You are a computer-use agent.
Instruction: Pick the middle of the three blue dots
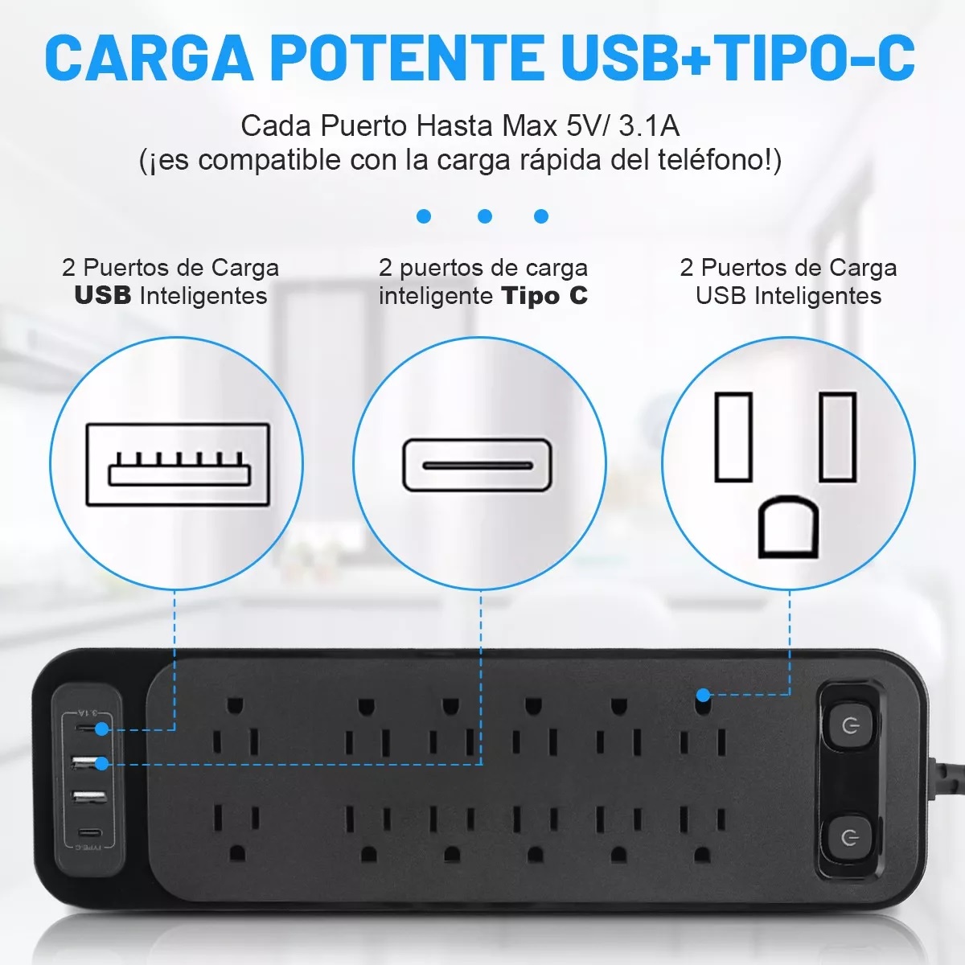pos(484,216)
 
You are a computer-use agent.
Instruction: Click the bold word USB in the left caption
pos(103,296)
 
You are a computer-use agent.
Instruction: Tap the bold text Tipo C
pos(544,296)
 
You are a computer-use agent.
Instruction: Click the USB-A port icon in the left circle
pos(177,465)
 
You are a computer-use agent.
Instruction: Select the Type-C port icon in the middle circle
pos(477,465)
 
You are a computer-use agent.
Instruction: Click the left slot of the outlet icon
pos(733,437)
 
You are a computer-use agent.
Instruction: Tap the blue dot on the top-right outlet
pos(703,694)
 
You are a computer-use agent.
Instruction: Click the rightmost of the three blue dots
pos(541,216)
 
